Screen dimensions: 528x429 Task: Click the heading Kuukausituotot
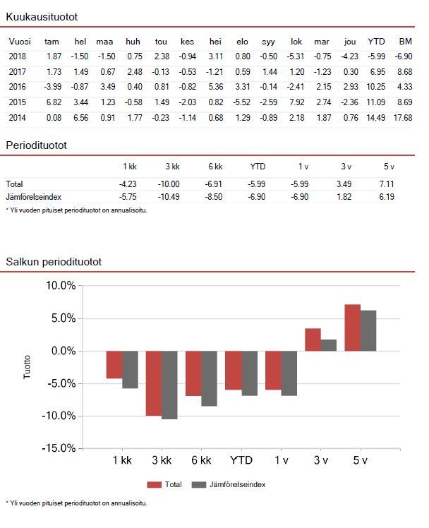coord(42,16)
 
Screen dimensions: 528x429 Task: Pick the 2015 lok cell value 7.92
coord(296,102)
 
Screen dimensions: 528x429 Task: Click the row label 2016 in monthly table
coord(17,87)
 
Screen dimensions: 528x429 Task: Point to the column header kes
coord(188,42)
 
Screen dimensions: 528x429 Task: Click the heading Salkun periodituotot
coord(54,262)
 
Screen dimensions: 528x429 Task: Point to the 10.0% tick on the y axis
coord(60,286)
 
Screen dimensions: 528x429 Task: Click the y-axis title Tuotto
coord(28,367)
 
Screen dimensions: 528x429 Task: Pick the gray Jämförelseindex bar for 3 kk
coord(169,385)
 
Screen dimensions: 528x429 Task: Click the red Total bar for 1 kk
coord(114,364)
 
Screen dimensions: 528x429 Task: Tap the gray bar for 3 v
coord(329,345)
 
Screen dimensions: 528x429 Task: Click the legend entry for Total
coord(166,485)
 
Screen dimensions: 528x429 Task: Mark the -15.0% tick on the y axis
coord(59,448)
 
